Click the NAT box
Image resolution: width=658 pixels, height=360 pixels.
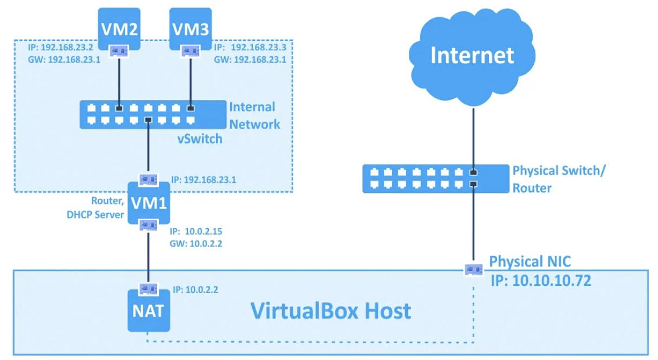point(149,312)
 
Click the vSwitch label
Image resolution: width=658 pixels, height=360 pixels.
point(199,139)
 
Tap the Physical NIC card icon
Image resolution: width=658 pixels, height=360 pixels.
point(473,268)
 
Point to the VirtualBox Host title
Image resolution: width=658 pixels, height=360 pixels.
point(331,311)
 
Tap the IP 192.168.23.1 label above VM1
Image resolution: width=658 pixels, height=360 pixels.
point(205,179)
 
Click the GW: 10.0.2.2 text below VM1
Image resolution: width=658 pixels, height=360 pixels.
point(196,243)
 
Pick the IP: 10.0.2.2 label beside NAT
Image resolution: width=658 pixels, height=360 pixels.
point(196,290)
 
